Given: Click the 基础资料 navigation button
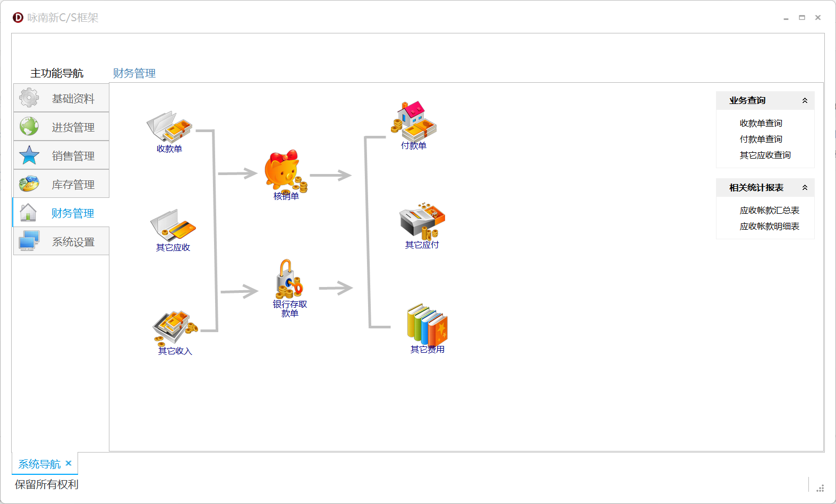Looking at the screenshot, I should pyautogui.click(x=62, y=98).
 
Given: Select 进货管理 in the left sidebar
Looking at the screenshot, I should pyautogui.click(x=62, y=127).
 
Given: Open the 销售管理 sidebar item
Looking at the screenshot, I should pyautogui.click(x=62, y=155).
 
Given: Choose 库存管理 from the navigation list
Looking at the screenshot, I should pyautogui.click(x=62, y=184).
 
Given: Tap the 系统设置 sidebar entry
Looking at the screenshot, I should pyautogui.click(x=62, y=241).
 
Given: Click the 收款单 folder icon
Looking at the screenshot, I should pyautogui.click(x=169, y=126).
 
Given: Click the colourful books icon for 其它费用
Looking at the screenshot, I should pyautogui.click(x=427, y=324).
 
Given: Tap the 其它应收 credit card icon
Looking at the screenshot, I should pyautogui.click(x=173, y=225).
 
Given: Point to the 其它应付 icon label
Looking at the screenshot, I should pyautogui.click(x=422, y=245).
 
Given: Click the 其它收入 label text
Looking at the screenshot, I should pyautogui.click(x=175, y=351).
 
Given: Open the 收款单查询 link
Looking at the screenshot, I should pyautogui.click(x=761, y=123).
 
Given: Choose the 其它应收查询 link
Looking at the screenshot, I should pyautogui.click(x=765, y=155).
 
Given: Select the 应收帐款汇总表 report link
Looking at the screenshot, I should pyautogui.click(x=769, y=211).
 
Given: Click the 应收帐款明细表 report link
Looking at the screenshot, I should pyautogui.click(x=769, y=227).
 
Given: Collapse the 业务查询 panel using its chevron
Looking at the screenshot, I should pyautogui.click(x=805, y=101).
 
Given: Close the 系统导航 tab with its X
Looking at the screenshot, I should pyautogui.click(x=69, y=463).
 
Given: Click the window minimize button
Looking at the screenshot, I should pyautogui.click(x=786, y=18).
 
